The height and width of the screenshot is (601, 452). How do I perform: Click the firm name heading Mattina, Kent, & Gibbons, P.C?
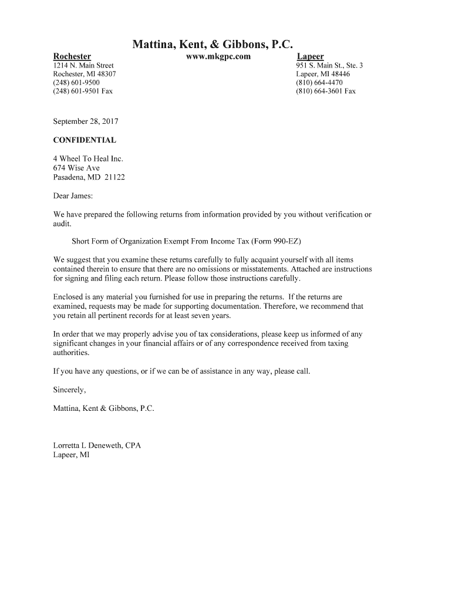coord(212,44)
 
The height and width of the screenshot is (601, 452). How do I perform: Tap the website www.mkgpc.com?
coord(218,56)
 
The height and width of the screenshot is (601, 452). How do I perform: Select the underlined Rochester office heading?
coord(72,56)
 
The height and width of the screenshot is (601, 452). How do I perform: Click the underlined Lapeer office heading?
coord(310,56)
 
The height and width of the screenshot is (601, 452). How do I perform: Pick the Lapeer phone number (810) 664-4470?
coord(319,83)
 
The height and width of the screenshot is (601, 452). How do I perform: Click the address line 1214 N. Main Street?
coord(83,65)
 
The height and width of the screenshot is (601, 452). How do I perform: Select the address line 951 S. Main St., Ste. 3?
coord(329,65)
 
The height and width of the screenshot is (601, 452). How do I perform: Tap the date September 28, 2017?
coord(86,121)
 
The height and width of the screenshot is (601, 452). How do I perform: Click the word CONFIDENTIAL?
coord(85,140)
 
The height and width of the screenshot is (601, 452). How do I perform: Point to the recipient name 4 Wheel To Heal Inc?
coord(88,159)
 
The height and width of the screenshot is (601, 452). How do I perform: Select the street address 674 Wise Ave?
coord(76,168)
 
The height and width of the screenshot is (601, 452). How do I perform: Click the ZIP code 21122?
coord(114,177)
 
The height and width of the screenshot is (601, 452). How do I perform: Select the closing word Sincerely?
coord(69,389)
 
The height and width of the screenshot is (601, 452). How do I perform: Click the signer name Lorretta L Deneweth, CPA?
coord(97,445)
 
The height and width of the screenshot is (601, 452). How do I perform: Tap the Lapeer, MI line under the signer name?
coord(71,454)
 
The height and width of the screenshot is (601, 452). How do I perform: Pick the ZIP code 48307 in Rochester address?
coord(104,74)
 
